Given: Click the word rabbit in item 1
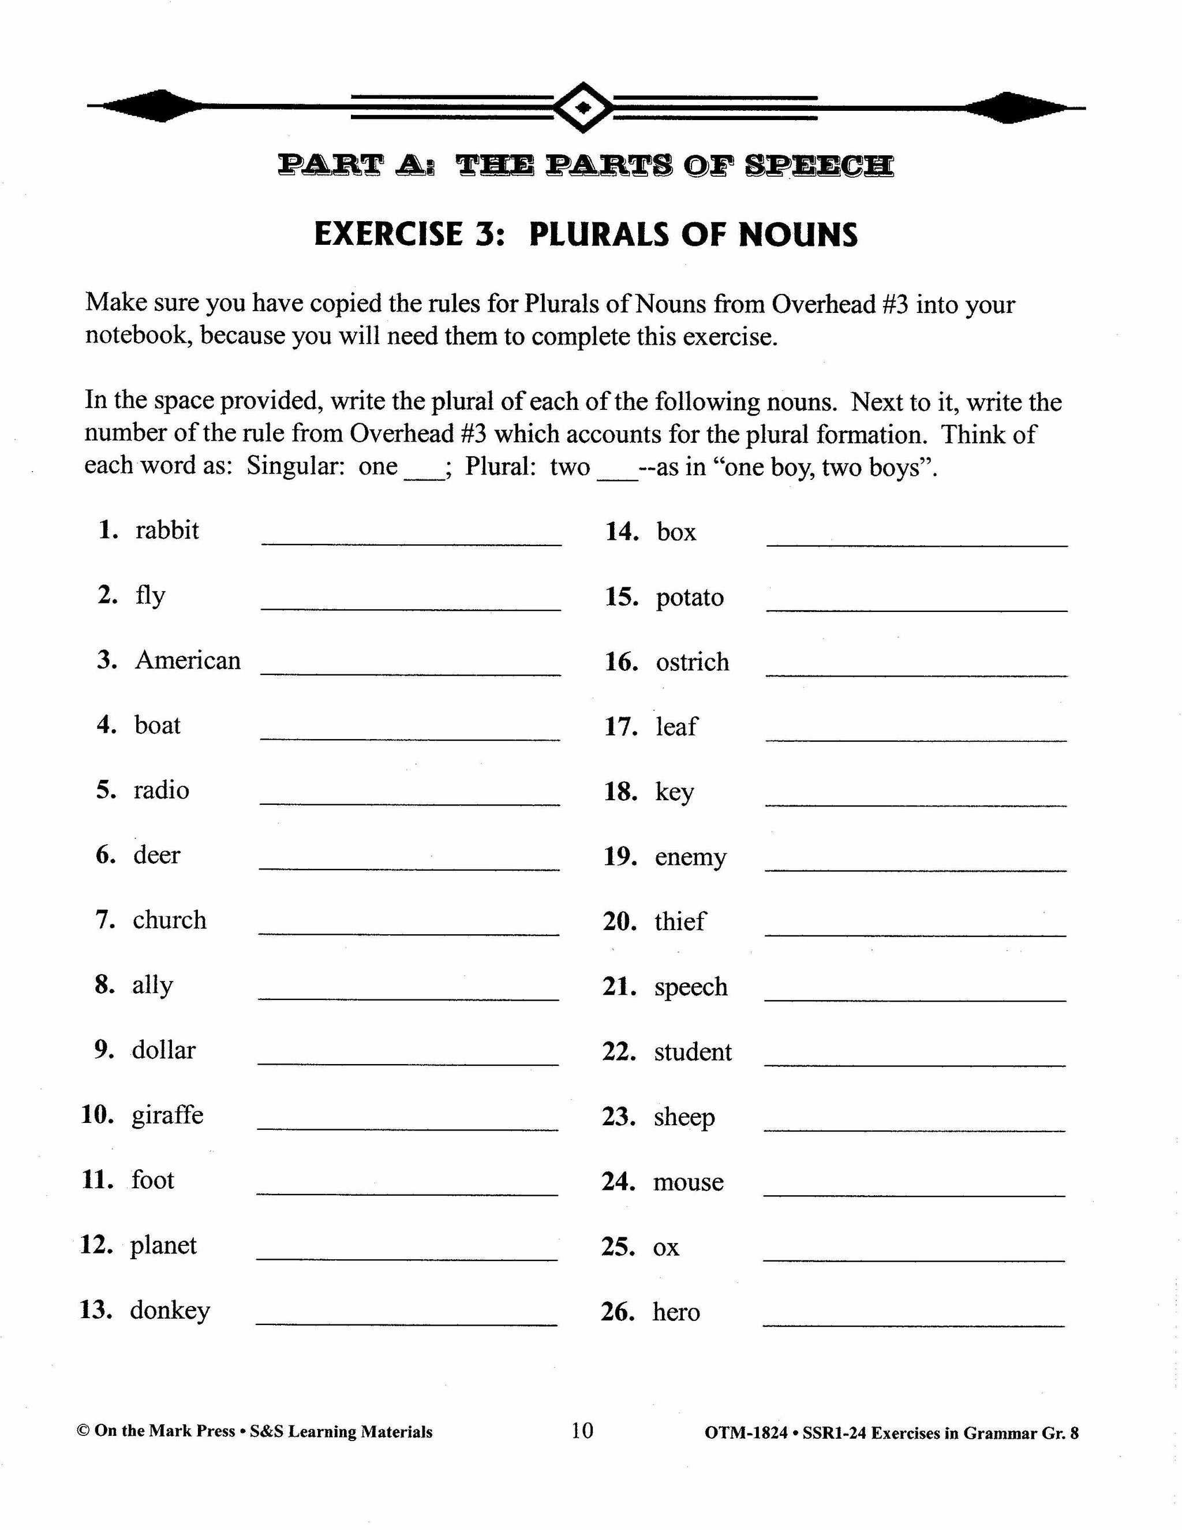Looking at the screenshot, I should [x=167, y=531].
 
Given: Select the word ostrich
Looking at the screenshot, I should [x=692, y=662].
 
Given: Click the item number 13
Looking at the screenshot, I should [x=96, y=1310].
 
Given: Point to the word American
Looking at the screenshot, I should [x=188, y=660].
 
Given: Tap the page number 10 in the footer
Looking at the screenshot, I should [x=582, y=1430].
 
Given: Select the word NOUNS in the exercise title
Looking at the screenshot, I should [x=798, y=234].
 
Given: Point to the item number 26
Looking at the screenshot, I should [x=617, y=1311].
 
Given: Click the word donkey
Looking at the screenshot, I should [x=170, y=1310].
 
